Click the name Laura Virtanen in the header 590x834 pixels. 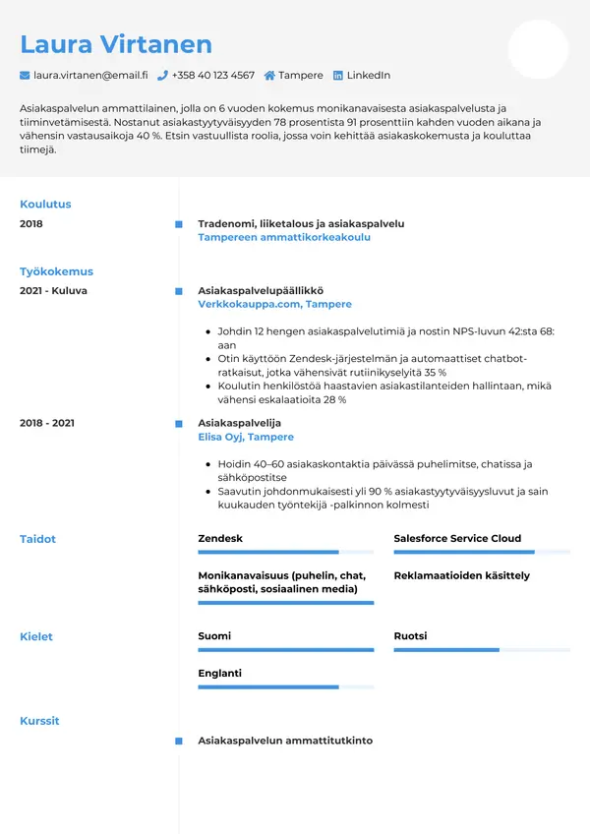pos(116,44)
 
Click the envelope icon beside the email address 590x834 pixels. pos(25,75)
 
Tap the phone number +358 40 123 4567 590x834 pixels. pos(212,75)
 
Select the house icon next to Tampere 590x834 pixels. pos(269,75)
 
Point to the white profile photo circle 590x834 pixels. pos(538,49)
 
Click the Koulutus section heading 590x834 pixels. pos(45,205)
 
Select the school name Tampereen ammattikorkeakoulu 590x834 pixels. pos(284,238)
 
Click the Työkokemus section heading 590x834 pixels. pos(56,271)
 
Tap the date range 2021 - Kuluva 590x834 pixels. pos(53,291)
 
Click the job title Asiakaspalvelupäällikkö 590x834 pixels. pos(261,291)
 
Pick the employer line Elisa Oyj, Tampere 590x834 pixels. pos(246,437)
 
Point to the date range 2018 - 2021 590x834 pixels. pos(47,423)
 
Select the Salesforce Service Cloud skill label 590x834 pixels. pos(457,539)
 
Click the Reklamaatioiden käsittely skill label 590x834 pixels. pos(461,575)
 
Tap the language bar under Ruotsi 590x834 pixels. pos(481,650)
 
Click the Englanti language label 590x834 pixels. pos(219,674)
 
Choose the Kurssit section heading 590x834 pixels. pos(39,721)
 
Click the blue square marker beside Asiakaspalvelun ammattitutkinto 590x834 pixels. pos(178,741)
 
